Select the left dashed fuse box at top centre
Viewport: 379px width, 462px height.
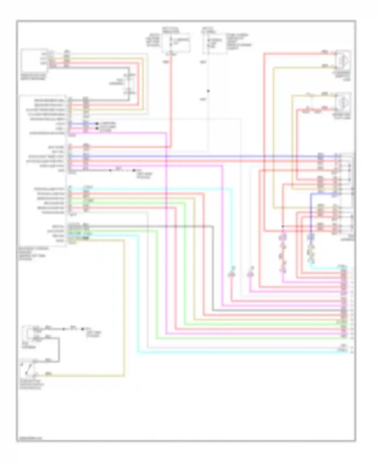coord(176,43)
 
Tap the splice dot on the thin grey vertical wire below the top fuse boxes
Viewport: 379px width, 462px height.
coord(208,91)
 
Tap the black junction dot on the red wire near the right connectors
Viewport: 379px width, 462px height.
coord(283,226)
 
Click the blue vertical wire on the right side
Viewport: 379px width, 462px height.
coord(311,215)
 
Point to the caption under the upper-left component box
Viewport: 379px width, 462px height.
coord(34,77)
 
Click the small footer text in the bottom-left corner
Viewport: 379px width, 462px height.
coord(30,438)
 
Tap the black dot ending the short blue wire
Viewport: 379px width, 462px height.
coord(97,124)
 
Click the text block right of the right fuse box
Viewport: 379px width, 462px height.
coord(239,41)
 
